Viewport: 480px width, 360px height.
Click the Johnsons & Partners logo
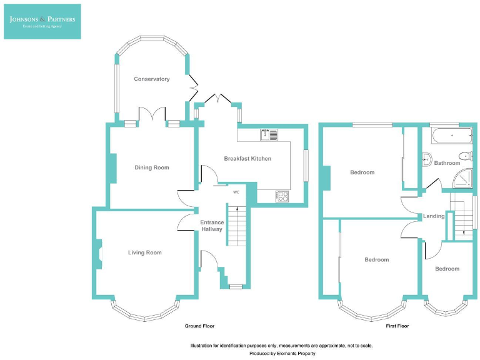[x=42, y=21]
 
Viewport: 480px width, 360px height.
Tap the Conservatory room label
[x=152, y=79]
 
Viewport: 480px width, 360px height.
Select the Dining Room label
[x=152, y=167]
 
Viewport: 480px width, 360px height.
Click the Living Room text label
[x=144, y=252]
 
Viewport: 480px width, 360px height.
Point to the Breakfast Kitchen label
[x=247, y=159]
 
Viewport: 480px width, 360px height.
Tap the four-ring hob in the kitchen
[x=282, y=196]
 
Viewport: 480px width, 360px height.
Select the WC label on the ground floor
[x=236, y=192]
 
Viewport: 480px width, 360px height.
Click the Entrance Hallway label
[x=211, y=226]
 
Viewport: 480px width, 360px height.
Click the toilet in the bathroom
[x=466, y=156]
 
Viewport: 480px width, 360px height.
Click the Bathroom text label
[x=447, y=163]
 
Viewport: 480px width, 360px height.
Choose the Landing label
[x=434, y=216]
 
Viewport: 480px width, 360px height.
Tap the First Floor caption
[x=397, y=326]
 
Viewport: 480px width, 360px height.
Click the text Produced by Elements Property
[x=282, y=354]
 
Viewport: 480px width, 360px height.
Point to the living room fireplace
[x=97, y=254]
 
